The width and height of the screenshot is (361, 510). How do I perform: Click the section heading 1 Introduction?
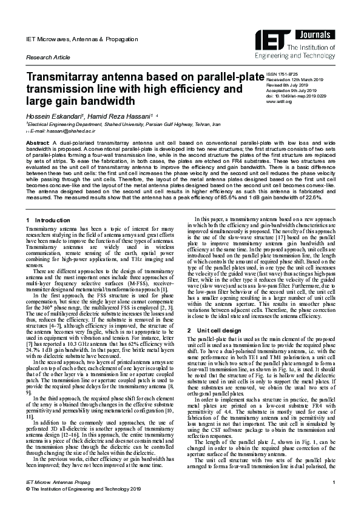click(x=49, y=219)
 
